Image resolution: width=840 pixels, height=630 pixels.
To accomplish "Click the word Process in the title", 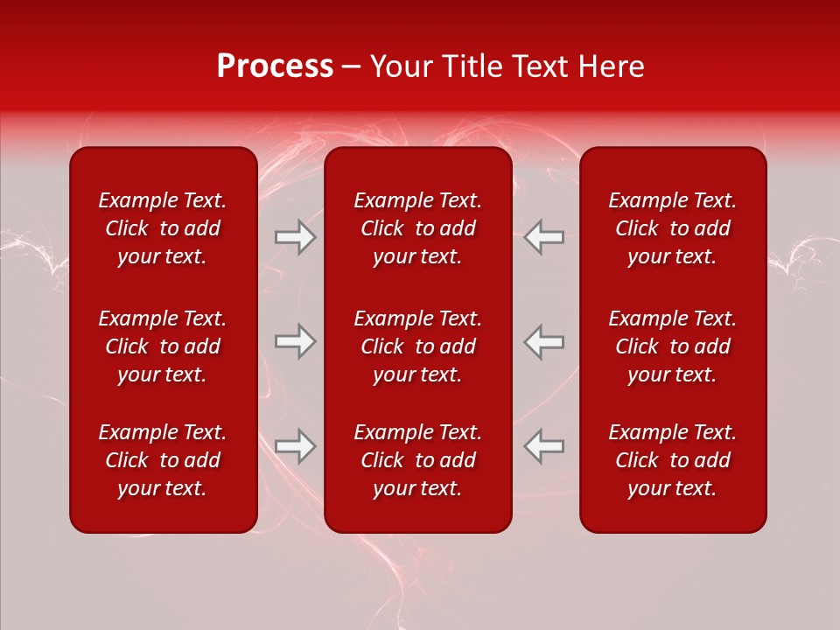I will [275, 66].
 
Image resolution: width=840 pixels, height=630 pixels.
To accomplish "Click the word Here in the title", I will [610, 66].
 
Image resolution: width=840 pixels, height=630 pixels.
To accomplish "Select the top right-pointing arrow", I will [296, 237].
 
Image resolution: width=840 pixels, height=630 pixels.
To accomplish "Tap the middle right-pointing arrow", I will [296, 341].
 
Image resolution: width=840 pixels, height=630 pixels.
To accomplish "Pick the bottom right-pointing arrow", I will [296, 446].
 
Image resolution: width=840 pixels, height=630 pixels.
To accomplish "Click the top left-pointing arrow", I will [543, 237].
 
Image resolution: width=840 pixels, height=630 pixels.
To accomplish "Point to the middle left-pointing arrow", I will [543, 341].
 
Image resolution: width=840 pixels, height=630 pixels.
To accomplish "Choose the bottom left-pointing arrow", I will [543, 446].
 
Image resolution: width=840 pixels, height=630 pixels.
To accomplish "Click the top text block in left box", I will [163, 228].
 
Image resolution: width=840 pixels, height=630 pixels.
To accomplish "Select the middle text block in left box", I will [163, 346].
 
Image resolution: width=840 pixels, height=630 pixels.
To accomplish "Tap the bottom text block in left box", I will [163, 460].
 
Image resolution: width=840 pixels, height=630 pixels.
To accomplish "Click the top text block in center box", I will [417, 228].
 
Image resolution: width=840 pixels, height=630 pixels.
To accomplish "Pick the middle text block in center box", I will [417, 346].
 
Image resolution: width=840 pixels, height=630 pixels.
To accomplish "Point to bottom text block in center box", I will [417, 460].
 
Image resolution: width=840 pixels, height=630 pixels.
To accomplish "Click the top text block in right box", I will [672, 228].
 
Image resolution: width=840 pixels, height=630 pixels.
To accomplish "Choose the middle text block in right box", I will [672, 346].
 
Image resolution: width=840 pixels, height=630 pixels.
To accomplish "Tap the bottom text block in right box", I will [672, 460].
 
